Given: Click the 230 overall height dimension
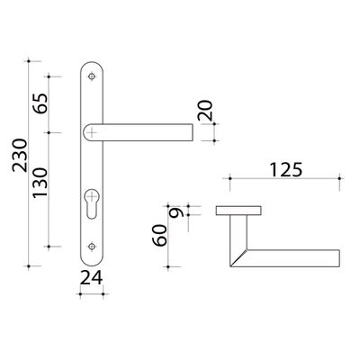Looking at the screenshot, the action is point(20,155).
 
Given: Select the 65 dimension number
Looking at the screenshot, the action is point(40,103).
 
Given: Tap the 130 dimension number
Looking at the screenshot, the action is point(40,183).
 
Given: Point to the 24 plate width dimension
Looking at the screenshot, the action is point(92,278).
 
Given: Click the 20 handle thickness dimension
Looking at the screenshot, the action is point(205,110).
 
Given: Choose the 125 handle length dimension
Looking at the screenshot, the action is point(285,170).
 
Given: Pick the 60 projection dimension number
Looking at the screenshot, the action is point(159,236).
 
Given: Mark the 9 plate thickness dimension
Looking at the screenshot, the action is point(176,213).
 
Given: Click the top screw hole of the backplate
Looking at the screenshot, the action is point(92,76).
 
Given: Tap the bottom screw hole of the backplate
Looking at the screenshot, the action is point(92,247).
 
